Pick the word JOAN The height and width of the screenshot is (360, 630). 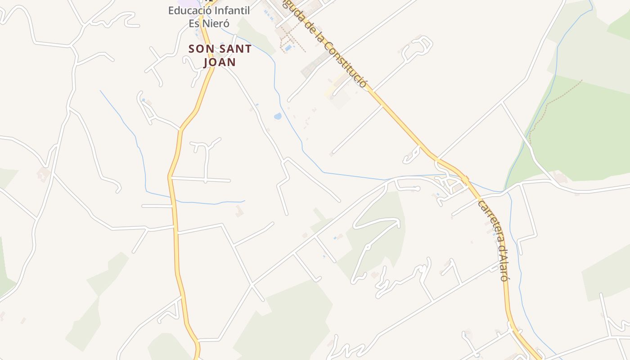pos(220,62)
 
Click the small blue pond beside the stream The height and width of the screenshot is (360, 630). pos(278,117)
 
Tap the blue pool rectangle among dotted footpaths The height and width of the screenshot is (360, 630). pos(288,48)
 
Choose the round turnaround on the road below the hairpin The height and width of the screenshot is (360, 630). pos(367,246)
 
